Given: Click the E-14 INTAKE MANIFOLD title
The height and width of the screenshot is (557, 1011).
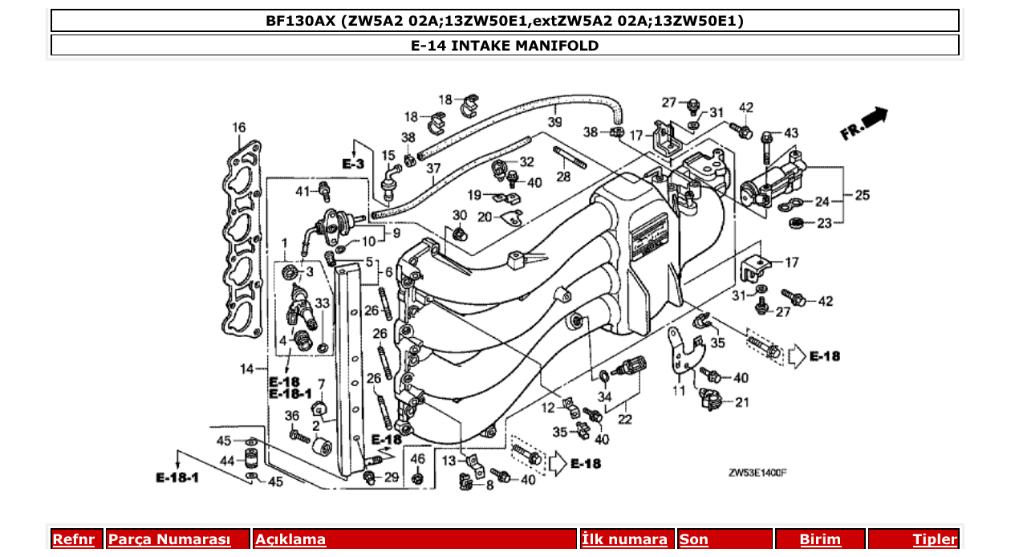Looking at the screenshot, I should pos(504,46).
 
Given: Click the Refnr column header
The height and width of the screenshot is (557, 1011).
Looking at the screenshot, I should pos(73,539).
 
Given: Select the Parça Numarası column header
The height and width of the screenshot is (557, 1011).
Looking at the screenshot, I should pos(169,539).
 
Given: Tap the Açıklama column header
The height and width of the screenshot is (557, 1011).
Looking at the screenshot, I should pos(290,539).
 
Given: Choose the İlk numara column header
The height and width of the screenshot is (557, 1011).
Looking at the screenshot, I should pos(624,539).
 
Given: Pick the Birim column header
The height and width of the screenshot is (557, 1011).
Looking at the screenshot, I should pos(820,539).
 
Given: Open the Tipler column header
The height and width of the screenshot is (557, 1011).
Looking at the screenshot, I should pos(935,539).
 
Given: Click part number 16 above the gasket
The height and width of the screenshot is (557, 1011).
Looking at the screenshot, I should pos(239,128).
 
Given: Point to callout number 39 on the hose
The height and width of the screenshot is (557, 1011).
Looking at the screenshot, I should pos(554,122).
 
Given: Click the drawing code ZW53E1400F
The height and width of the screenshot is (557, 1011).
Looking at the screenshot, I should pos(757,474).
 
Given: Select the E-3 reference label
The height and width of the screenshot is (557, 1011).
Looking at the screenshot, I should pos(353,164).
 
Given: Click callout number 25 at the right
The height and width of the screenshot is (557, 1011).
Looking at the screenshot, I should pos(862,195).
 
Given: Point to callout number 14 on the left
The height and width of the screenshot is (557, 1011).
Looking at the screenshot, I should pos(246,368).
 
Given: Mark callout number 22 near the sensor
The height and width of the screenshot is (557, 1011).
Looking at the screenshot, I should pos(624,420).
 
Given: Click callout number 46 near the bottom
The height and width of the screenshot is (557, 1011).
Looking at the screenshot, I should pos(417,458).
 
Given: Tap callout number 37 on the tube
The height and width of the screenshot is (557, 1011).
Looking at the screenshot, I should pos(433,169).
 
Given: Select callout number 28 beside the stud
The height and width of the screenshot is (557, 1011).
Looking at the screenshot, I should pos(563,176).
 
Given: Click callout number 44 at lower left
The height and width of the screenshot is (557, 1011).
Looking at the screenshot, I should pos(227,461).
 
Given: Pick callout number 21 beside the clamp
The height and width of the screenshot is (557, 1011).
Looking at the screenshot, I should pos(741,402).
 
